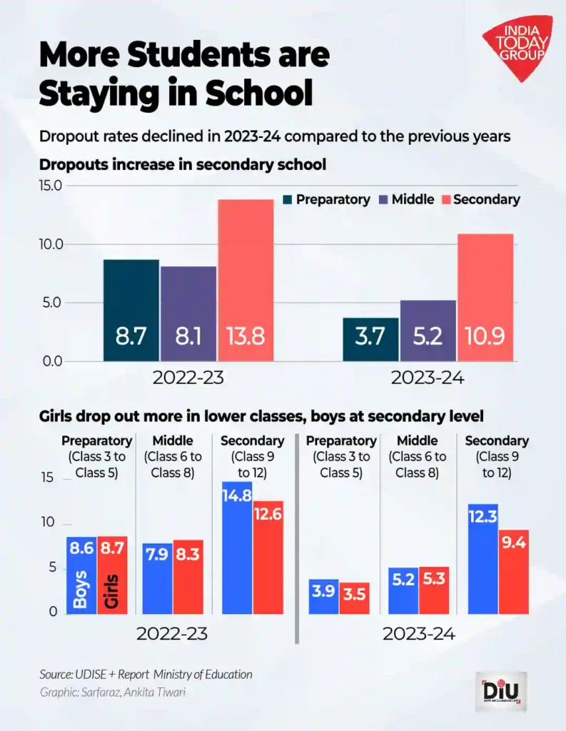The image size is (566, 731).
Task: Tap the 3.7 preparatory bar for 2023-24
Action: [370, 340]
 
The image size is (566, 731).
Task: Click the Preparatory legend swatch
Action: [288, 200]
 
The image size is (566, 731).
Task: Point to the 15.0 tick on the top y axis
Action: [49, 186]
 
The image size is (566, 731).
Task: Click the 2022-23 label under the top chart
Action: [188, 378]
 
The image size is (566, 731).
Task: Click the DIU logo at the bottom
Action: [500, 692]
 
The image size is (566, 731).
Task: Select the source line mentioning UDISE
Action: [146, 674]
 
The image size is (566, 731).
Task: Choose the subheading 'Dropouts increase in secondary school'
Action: [182, 164]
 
